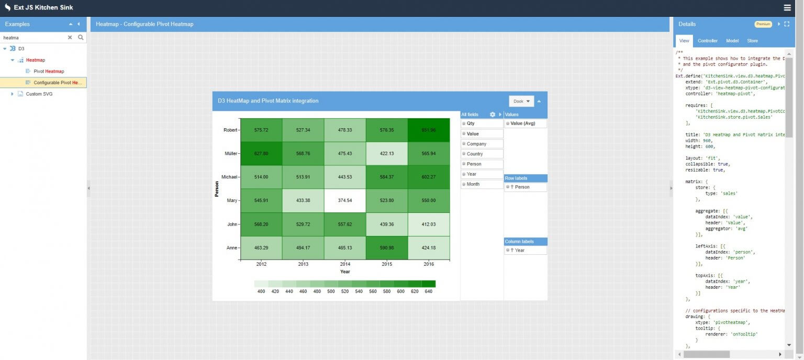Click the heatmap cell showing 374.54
[345, 200]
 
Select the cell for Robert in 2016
[429, 130]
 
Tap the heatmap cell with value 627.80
[261, 153]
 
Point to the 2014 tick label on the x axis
[345, 264]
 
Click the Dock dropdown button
[521, 101]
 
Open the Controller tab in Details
[708, 41]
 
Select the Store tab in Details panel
[752, 41]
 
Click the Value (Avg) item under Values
[525, 123]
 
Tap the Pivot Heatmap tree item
[52, 71]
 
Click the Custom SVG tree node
[39, 94]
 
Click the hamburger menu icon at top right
[787, 7]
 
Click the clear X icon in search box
[70, 38]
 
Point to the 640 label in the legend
[428, 291]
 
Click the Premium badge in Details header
[763, 24]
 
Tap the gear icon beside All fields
[492, 115]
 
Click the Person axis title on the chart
[217, 189]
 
